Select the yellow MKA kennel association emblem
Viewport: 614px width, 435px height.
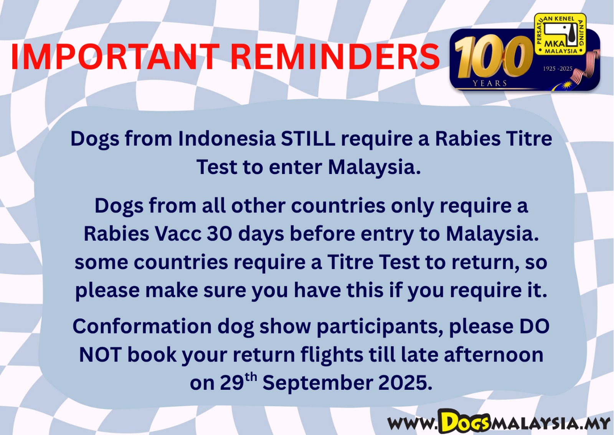coord(560,34)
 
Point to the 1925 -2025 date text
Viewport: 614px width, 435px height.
coord(558,69)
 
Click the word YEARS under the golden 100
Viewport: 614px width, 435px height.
coord(490,83)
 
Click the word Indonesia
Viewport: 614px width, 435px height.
coord(227,138)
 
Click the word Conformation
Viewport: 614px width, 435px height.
coord(142,326)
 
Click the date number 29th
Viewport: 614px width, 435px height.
coord(238,382)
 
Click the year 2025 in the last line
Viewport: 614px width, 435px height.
coord(405,382)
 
